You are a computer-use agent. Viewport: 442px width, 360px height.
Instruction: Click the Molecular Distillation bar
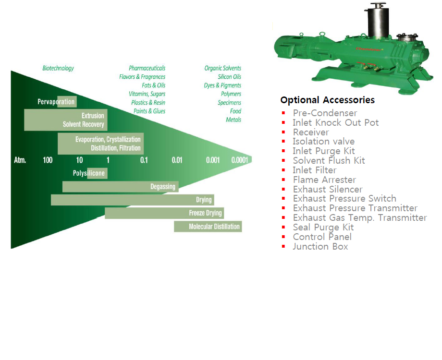pos(208,227)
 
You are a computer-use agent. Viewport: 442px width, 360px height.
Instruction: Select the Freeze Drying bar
pos(164,213)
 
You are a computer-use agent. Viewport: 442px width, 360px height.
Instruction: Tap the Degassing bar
pos(120,187)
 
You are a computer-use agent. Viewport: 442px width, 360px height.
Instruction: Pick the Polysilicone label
pos(89,173)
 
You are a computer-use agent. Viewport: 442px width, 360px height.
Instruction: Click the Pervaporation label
pos(56,102)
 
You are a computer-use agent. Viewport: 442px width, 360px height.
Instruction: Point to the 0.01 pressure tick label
pos(177,160)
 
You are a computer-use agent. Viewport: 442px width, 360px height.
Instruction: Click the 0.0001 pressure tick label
pos(240,160)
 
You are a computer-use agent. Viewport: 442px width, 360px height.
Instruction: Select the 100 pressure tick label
pos(48,160)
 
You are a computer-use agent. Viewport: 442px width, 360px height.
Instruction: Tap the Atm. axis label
pos(19,160)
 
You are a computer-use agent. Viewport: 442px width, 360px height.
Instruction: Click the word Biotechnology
pos(58,68)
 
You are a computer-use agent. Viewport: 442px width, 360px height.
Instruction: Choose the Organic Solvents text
pos(223,68)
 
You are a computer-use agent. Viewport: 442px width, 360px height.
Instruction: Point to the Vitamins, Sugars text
pos(147,94)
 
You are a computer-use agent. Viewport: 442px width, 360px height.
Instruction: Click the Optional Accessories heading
pos(328,100)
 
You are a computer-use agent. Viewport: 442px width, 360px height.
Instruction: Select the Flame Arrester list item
pos(324,180)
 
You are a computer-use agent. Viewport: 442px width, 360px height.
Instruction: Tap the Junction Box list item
pos(320,246)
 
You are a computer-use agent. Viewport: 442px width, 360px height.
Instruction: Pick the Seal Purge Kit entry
pos(323,228)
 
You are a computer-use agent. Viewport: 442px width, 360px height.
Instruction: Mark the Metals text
pos(233,120)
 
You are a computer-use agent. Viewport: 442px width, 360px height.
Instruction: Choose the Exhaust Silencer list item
pos(328,190)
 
